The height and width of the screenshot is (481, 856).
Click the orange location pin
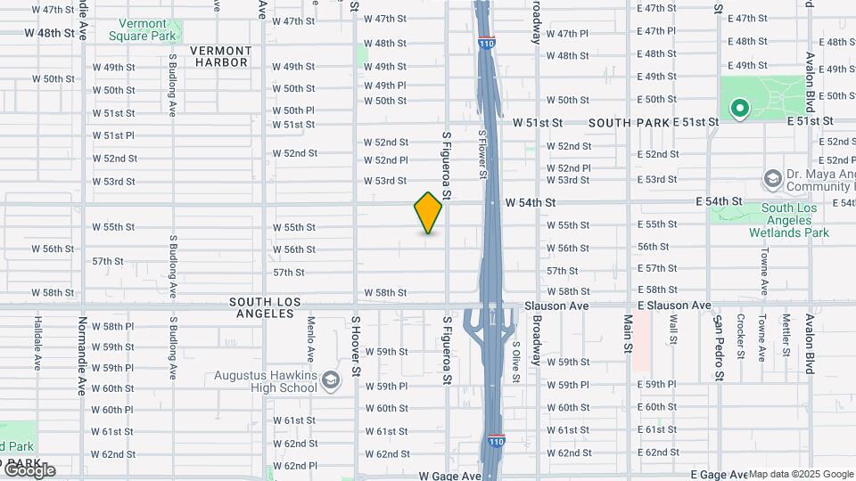coord(428,213)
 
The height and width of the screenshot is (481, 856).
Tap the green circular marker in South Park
coord(739,109)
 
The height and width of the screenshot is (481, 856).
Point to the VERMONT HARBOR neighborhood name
coord(218,56)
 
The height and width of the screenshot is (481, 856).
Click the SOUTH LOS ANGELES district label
coord(265,308)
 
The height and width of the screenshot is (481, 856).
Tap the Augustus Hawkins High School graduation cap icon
coord(331,381)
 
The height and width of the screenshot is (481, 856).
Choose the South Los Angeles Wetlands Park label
coord(795,221)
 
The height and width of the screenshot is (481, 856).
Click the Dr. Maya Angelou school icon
coord(772,180)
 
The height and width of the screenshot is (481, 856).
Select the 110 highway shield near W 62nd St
coord(497,442)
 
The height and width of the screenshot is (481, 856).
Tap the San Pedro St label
coord(717,347)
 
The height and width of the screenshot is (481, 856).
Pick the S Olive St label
coord(515,361)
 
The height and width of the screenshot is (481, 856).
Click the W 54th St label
coord(530,203)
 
